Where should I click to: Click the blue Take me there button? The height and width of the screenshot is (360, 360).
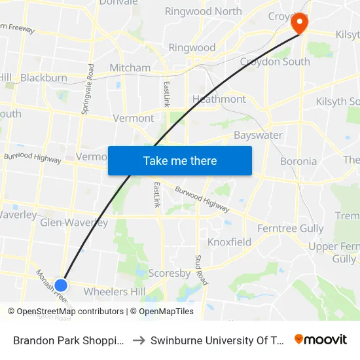coord(179,160)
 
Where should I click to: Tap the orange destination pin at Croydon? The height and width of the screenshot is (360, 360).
coord(299,24)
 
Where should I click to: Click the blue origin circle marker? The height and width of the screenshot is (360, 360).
coord(61,285)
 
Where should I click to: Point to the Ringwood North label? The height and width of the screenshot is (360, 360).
coord(203,11)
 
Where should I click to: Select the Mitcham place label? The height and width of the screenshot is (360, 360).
coord(130,67)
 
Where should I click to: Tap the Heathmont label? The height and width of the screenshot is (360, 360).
coord(219,99)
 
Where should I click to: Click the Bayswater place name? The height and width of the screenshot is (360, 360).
coord(258,135)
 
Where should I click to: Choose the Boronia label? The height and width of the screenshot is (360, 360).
coord(298,161)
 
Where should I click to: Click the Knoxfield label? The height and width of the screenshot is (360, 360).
coord(229,242)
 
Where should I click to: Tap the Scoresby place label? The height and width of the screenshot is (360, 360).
coord(169,273)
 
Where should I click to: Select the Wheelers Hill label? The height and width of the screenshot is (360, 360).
coord(115,291)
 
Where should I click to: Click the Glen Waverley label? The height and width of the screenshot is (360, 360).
coord(74,223)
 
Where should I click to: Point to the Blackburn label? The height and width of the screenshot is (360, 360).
coord(43,78)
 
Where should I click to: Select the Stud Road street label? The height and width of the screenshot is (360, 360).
coord(202,270)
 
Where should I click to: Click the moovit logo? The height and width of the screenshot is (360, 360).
coord(321,340)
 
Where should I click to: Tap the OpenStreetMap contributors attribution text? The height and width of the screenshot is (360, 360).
coord(70,312)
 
